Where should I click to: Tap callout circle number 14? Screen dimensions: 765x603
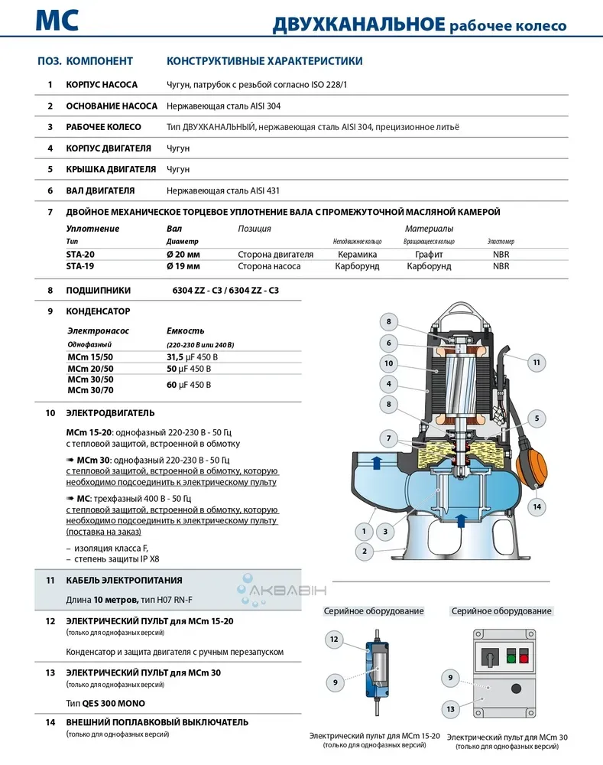point(537,506)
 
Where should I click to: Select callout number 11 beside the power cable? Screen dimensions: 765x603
point(537,362)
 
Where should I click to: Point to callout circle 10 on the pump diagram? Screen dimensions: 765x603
point(389,363)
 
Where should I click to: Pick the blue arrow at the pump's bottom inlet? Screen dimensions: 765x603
point(459,521)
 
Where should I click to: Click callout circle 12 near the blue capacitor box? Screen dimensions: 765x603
point(333,638)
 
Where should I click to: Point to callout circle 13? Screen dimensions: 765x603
point(451,709)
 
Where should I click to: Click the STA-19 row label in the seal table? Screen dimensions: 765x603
point(81,266)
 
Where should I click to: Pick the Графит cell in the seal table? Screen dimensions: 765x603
point(429,254)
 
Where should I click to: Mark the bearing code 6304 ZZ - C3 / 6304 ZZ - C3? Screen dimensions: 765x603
point(226,291)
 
